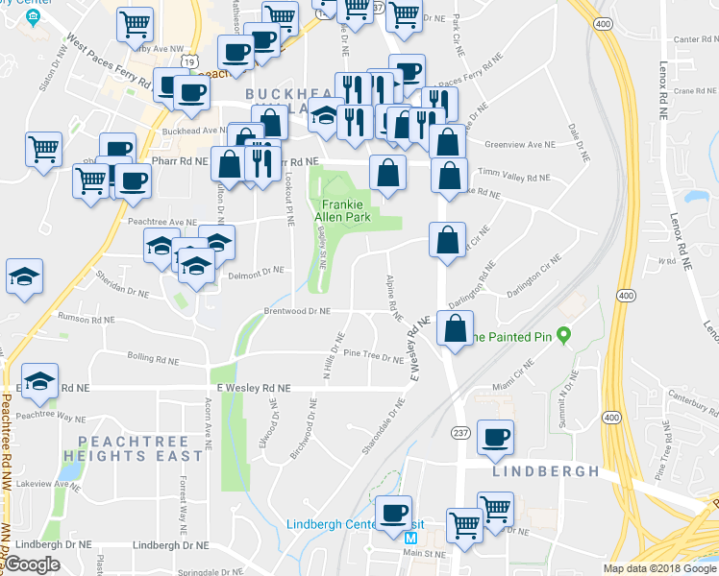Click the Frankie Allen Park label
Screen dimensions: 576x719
(x=348, y=210)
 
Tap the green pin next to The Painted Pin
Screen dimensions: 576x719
(x=564, y=335)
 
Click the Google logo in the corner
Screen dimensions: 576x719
(x=33, y=564)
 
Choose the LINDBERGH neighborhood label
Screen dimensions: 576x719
(x=545, y=471)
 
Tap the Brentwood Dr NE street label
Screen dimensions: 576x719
(x=297, y=312)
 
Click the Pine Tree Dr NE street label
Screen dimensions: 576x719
(x=373, y=357)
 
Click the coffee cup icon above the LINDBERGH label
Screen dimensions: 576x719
(x=495, y=439)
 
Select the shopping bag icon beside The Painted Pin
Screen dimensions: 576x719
(x=454, y=329)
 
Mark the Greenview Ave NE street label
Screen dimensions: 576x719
(x=520, y=145)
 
